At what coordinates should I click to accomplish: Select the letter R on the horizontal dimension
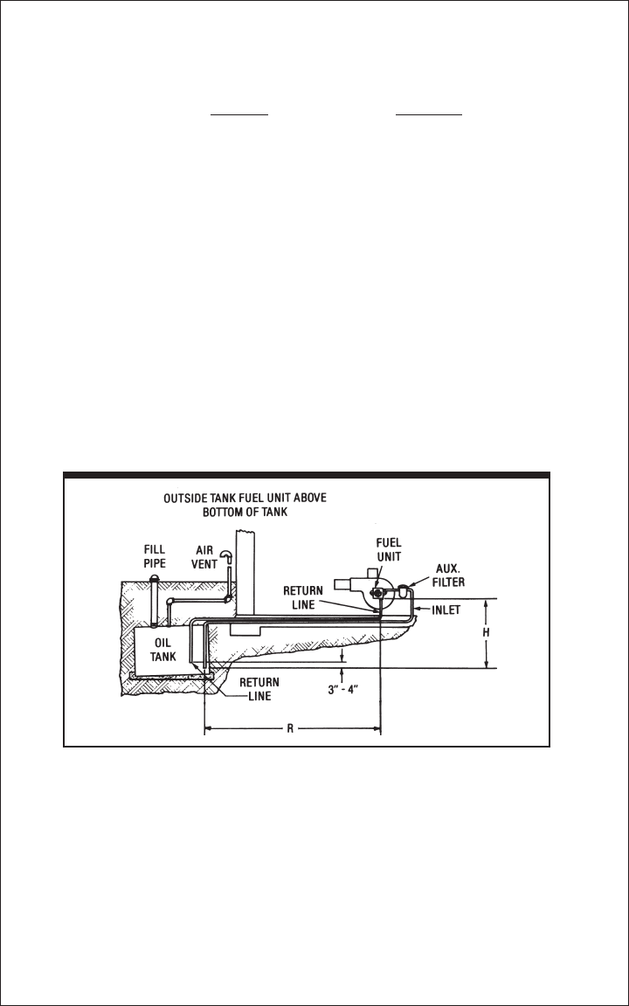[292, 728]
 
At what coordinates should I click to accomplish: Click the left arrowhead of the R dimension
[209, 728]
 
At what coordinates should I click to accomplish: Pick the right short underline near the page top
[428, 114]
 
